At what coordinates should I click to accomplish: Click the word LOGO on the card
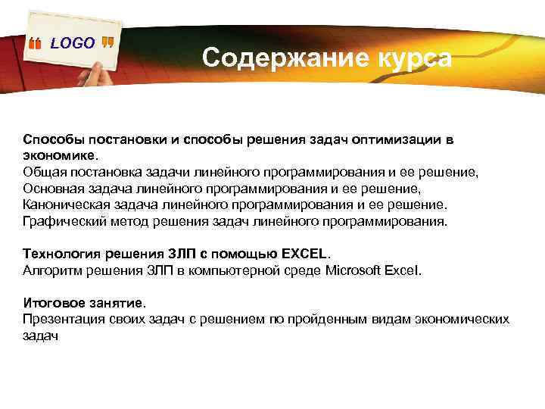coord(73,43)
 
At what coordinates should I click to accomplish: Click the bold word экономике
coord(59,155)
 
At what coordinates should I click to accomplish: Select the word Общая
coord(43,172)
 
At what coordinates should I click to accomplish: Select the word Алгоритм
coord(52,270)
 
